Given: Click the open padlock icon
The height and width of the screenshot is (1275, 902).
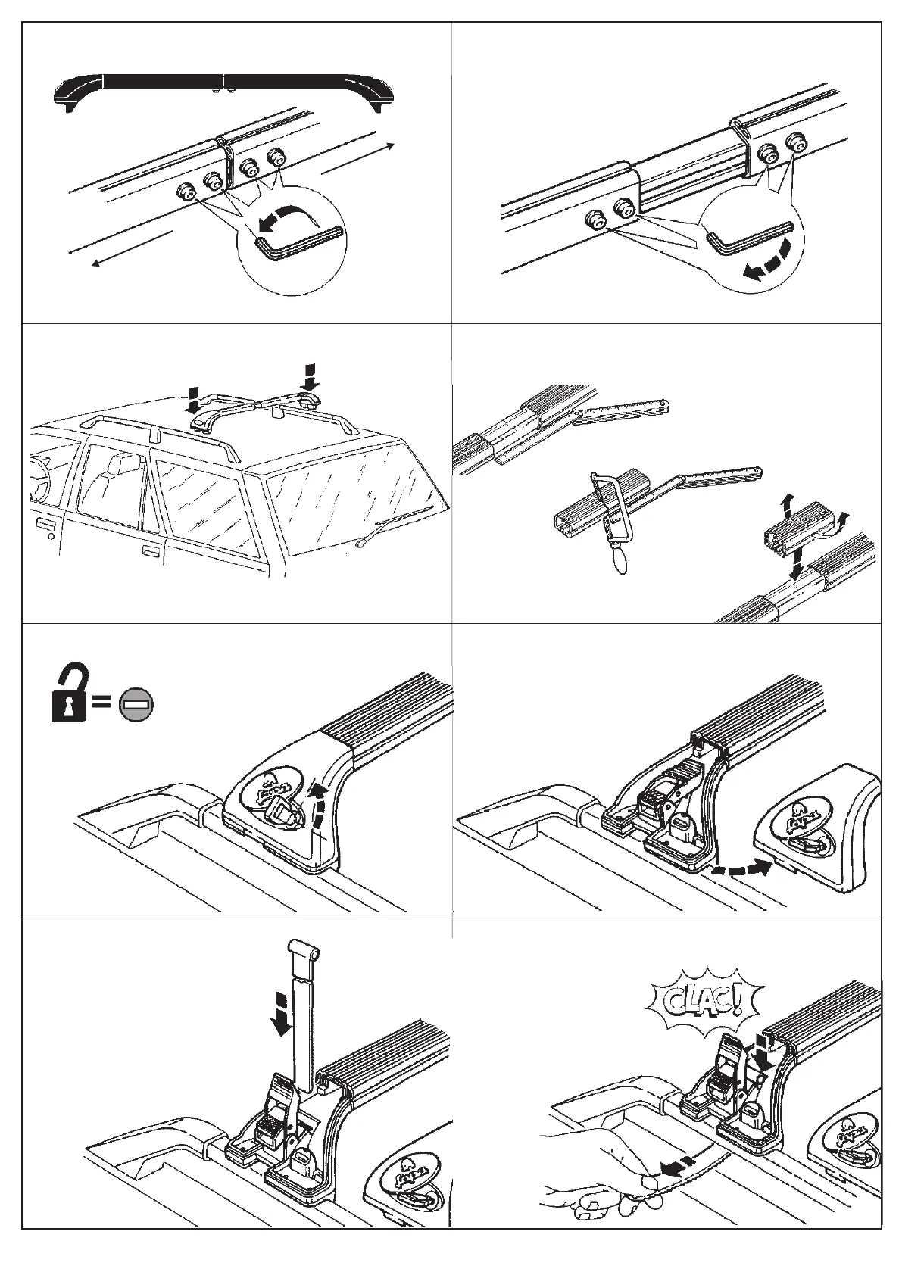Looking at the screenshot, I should click(69, 693).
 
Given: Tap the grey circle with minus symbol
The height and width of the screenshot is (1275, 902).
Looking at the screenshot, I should click(137, 704).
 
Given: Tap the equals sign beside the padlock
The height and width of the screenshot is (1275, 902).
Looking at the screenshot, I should click(101, 704).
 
